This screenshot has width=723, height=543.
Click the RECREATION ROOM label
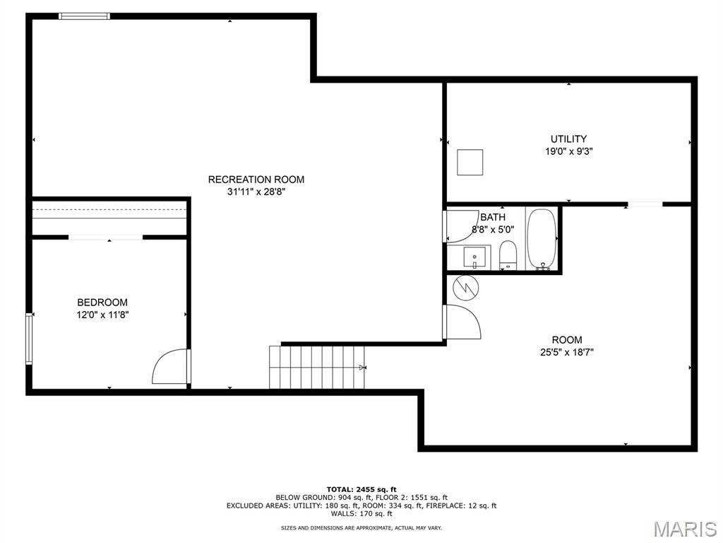pos(256,179)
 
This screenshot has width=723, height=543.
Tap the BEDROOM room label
pos(102,303)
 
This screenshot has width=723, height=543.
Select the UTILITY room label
pos(568,139)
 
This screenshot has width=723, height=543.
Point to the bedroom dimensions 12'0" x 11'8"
pos(102,315)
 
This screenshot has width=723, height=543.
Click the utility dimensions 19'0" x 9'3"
pos(568,151)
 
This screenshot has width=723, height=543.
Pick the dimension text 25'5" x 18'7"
pos(567,352)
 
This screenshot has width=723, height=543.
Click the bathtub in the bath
pos(542,239)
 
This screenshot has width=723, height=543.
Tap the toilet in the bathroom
pos(508,255)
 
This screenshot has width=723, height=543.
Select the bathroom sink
pos(474,257)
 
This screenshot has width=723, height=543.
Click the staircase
pos(317,367)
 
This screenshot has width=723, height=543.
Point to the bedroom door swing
pos(171,367)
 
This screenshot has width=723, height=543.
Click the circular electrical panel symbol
pos(466,288)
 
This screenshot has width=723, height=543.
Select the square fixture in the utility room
pos(470,162)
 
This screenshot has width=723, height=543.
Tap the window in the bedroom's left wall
pos(29,339)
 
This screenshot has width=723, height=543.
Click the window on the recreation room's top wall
pos(85,16)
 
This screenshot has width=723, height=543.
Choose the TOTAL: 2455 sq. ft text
pos(361,489)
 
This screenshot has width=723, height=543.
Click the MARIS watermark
pos(685,529)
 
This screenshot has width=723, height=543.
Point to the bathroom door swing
pos(461,226)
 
